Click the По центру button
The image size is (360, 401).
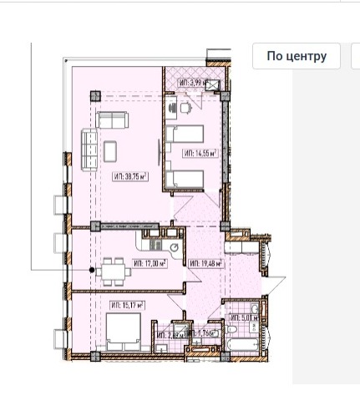[296, 56]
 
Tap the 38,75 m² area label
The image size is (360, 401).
[129, 175]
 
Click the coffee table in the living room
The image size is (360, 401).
[112, 150]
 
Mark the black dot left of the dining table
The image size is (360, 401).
[92, 270]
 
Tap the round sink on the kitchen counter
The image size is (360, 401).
[173, 247]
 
